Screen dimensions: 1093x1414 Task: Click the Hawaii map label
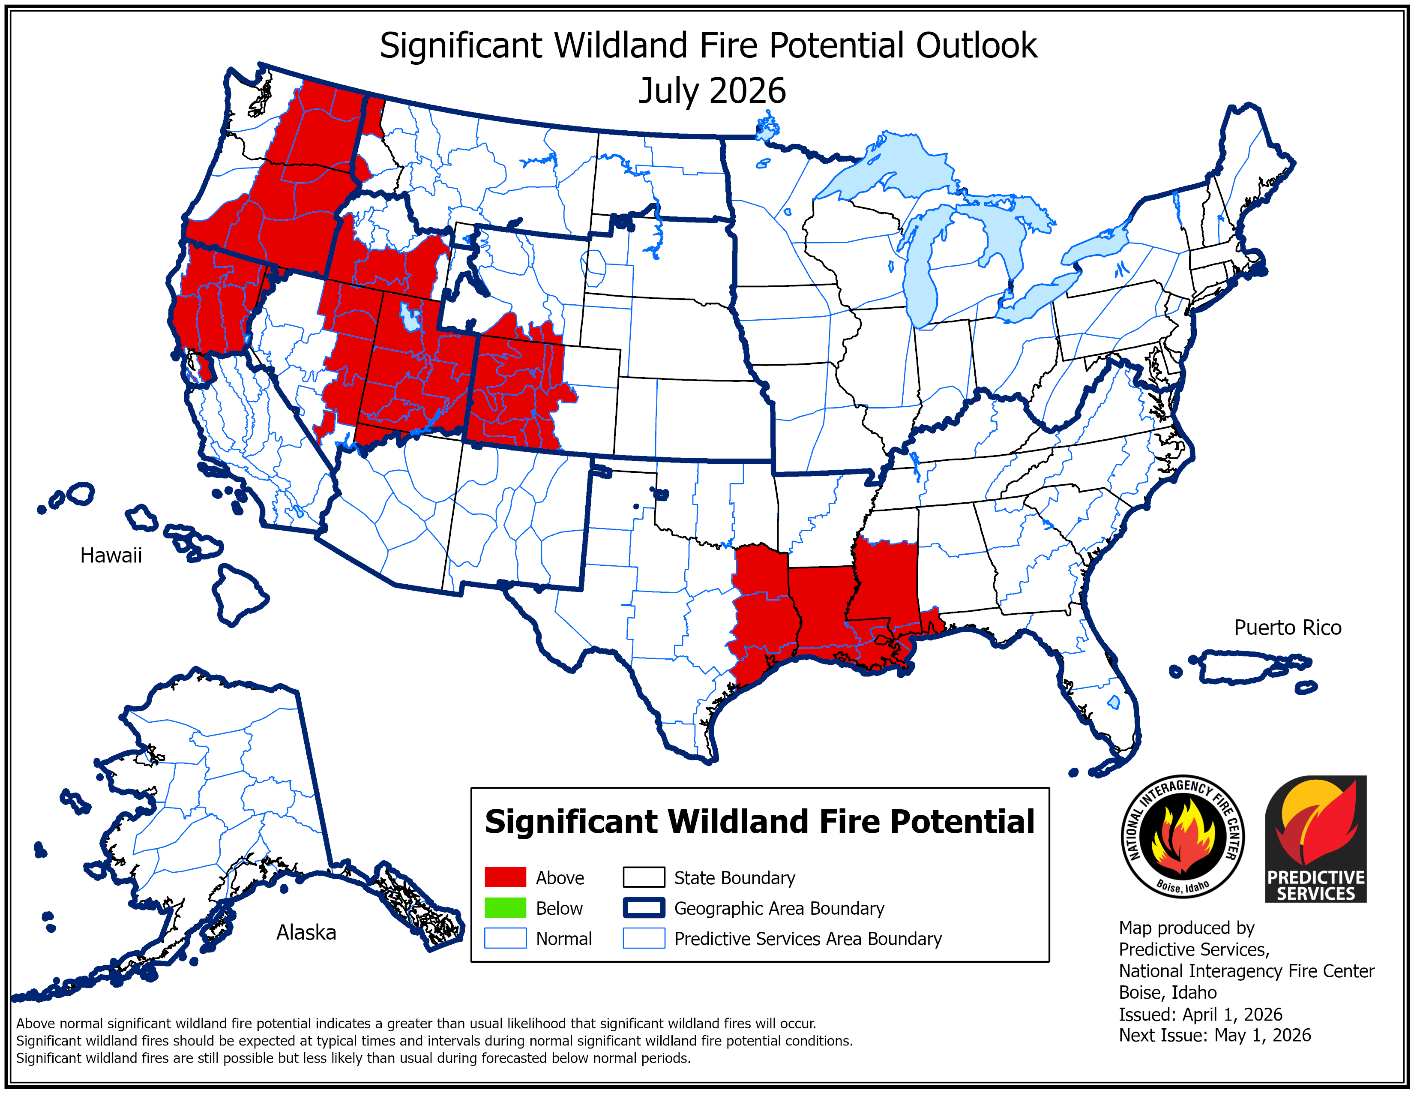click(x=111, y=556)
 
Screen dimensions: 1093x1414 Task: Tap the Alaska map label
click(x=306, y=932)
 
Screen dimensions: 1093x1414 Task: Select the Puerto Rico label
click(x=1287, y=628)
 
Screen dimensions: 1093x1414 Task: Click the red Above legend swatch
click(x=505, y=877)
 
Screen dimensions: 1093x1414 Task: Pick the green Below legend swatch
click(x=505, y=908)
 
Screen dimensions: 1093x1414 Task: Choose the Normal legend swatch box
click(x=505, y=938)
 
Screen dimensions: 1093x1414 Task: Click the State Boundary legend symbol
click(x=644, y=877)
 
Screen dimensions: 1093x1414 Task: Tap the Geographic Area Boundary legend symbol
click(x=644, y=908)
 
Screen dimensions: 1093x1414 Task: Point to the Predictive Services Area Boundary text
click(x=807, y=939)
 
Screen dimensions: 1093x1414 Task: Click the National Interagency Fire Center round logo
click(x=1182, y=836)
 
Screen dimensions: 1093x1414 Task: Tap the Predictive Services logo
click(x=1315, y=838)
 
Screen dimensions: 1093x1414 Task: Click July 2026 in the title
click(x=712, y=90)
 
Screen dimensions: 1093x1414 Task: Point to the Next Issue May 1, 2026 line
click(x=1215, y=1036)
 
